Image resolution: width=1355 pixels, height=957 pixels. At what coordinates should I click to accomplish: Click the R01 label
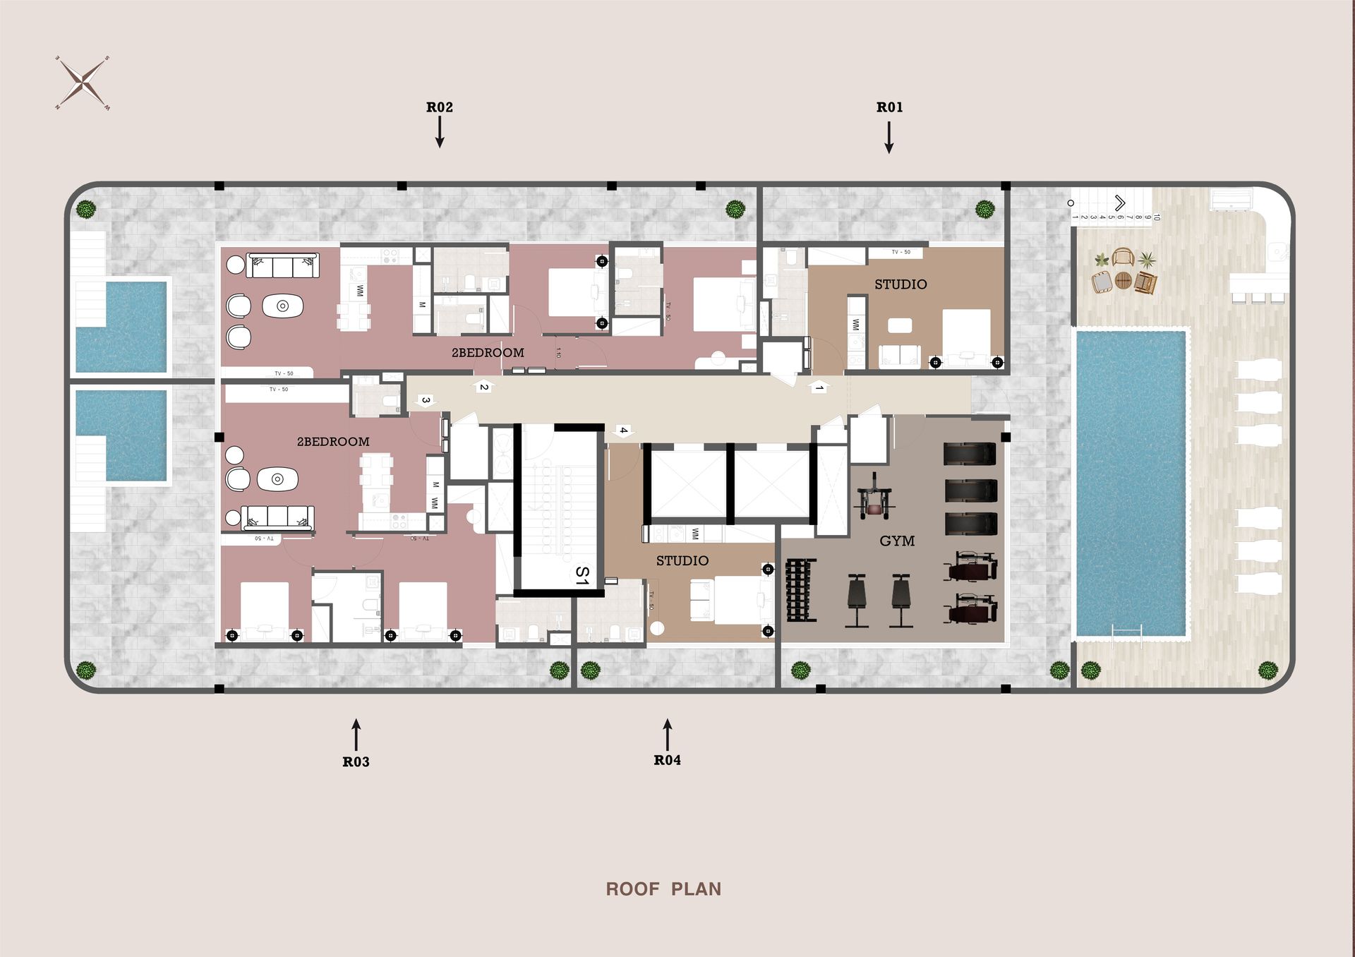click(x=889, y=107)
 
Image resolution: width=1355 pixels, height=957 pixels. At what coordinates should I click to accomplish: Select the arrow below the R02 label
click(x=440, y=132)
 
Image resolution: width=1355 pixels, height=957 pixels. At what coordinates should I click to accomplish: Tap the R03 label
click(x=356, y=762)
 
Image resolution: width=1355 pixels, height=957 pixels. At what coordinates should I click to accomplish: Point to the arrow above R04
click(x=667, y=735)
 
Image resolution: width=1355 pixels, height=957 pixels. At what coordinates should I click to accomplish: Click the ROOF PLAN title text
click(x=663, y=889)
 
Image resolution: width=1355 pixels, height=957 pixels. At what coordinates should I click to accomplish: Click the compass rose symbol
click(x=83, y=83)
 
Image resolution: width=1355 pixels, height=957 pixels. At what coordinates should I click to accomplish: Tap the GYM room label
click(x=897, y=541)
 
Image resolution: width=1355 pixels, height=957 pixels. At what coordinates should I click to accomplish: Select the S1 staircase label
click(x=582, y=575)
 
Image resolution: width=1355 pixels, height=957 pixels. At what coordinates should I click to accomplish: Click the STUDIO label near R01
click(x=901, y=284)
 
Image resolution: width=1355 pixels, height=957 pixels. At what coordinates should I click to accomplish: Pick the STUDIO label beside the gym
click(x=682, y=560)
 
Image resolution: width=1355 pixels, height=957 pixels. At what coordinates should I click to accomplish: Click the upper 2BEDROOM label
click(x=488, y=352)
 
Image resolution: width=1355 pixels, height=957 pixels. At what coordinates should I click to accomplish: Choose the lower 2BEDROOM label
click(x=333, y=442)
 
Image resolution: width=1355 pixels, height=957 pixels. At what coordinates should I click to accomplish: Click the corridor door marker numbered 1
click(x=819, y=387)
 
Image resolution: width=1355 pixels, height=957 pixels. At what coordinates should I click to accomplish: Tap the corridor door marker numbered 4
click(x=622, y=431)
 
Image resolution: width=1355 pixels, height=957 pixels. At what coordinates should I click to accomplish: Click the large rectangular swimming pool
click(x=1130, y=483)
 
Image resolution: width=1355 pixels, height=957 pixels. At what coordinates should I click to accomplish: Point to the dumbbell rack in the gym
click(x=800, y=590)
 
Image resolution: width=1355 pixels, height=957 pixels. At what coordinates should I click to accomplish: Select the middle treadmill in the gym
click(x=970, y=489)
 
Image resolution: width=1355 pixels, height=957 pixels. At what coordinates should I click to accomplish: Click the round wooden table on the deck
click(x=1123, y=280)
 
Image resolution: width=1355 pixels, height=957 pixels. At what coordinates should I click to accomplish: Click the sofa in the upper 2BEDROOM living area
click(x=282, y=266)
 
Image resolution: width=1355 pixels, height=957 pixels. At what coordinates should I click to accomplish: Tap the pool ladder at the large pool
click(x=1126, y=633)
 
